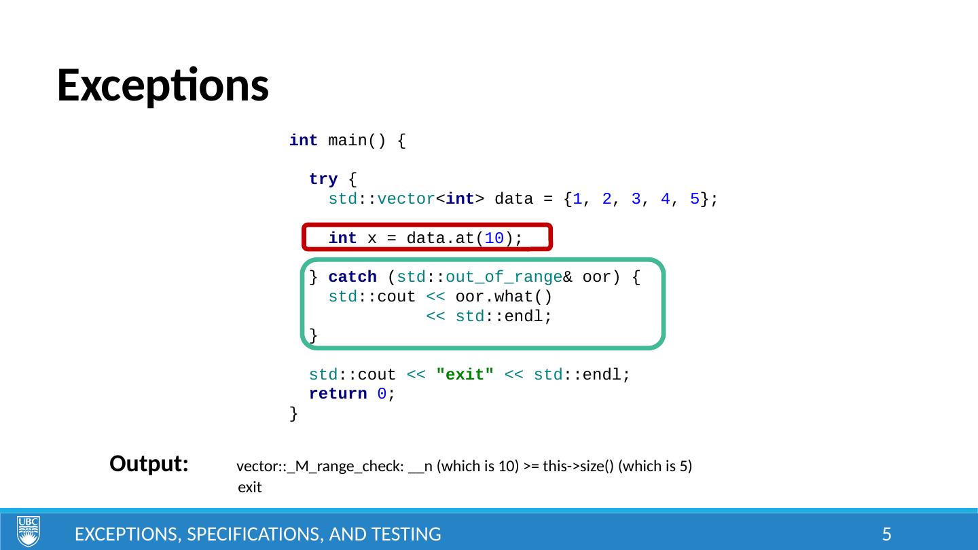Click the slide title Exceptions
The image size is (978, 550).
162,86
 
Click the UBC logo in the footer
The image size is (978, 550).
29,531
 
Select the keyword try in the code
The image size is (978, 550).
323,179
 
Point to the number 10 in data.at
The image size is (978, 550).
495,238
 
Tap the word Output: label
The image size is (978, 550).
149,464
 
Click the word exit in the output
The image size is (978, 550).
250,488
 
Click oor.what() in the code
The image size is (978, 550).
503,297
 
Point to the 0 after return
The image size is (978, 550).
382,394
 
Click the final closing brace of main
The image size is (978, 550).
293,414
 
